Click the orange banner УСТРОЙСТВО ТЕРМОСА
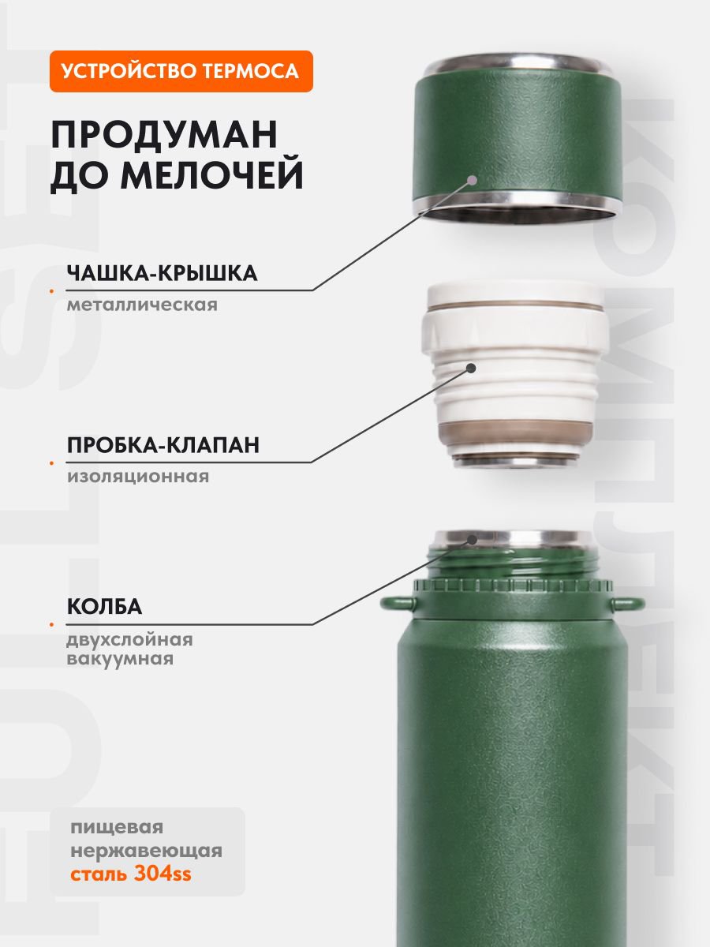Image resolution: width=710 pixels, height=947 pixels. [x=181, y=71]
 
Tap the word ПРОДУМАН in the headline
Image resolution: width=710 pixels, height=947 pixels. [x=164, y=134]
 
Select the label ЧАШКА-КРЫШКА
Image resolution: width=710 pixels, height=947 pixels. [x=162, y=273]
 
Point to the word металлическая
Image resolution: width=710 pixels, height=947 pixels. [x=142, y=305]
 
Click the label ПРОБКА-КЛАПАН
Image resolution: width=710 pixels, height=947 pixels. [x=163, y=445]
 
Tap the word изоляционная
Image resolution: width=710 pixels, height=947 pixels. [x=138, y=477]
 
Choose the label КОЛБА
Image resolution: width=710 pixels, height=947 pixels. [x=104, y=607]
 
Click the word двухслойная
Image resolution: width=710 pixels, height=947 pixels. [x=129, y=640]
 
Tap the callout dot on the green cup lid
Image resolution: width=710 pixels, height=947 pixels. [x=473, y=181]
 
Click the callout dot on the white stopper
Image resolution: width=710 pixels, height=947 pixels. [x=471, y=368]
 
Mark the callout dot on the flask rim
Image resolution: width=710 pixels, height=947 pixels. [x=473, y=540]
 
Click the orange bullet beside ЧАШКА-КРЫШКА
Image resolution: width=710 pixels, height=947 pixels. [x=52, y=291]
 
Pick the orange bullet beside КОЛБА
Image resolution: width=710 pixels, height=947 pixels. [x=52, y=625]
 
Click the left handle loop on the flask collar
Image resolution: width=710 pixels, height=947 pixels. [x=397, y=602]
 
